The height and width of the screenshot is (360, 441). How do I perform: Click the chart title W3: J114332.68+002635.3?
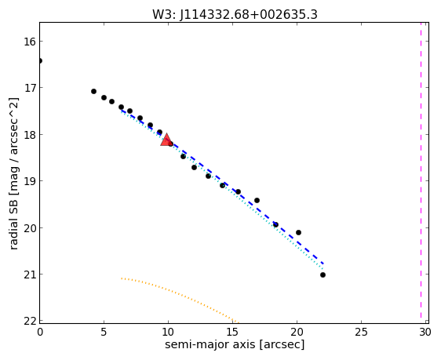(235, 14)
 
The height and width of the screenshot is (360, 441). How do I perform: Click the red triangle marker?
(166, 140)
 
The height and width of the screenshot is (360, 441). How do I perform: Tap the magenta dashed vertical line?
(421, 170)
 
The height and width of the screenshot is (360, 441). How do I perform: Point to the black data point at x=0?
(40, 60)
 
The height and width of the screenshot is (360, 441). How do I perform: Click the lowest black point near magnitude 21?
(323, 275)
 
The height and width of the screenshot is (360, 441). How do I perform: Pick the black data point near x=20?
(298, 232)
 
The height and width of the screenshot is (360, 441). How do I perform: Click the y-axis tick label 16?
(30, 42)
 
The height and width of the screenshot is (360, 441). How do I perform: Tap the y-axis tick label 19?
(30, 181)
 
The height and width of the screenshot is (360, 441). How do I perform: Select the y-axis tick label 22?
(30, 321)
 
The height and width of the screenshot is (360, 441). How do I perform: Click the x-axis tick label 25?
(361, 333)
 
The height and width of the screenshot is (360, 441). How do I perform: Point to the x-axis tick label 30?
(425, 333)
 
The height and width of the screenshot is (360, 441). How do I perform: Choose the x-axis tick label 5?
(104, 333)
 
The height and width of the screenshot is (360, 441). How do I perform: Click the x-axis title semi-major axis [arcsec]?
(235, 345)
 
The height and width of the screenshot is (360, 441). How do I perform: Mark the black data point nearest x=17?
(257, 200)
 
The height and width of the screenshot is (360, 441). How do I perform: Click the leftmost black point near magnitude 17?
(93, 91)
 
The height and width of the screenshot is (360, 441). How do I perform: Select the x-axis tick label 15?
(232, 333)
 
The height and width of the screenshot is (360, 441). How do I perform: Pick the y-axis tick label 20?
(30, 228)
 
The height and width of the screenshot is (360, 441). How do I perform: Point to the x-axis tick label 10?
(168, 333)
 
